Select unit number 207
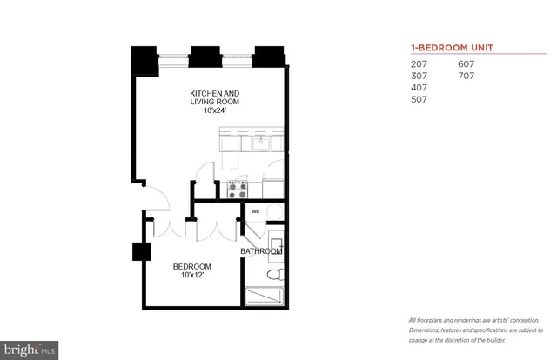(419, 63)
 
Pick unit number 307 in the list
(419, 76)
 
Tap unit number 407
(419, 88)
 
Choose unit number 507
(419, 100)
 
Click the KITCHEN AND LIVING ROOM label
(215, 97)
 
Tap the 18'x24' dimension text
(215, 110)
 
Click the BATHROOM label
(261, 251)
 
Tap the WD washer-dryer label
(257, 211)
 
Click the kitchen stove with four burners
(238, 187)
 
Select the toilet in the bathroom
(274, 275)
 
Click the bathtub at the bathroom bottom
(264, 297)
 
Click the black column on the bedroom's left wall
(140, 252)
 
